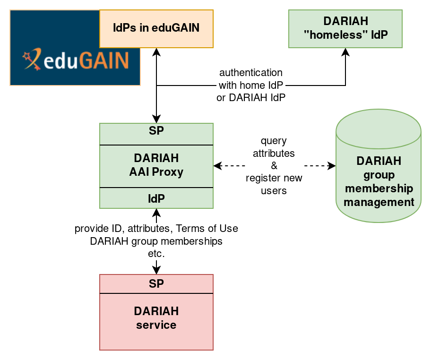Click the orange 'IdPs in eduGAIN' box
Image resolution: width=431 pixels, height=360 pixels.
point(156,28)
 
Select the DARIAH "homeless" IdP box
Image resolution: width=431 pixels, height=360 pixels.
point(345,28)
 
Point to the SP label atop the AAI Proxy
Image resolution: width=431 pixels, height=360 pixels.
point(156,131)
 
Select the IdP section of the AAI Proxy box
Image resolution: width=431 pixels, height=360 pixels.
point(156,199)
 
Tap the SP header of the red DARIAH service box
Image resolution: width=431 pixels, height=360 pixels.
point(156,284)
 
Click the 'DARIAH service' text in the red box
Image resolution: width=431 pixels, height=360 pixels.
point(156,318)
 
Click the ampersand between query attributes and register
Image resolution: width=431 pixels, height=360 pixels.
point(274,166)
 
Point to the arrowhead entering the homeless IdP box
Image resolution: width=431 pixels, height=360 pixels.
point(345,52)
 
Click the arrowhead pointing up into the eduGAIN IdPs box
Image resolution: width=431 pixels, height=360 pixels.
point(156,52)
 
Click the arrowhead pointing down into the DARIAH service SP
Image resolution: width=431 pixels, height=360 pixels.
point(156,270)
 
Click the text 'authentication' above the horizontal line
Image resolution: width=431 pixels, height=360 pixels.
point(250,73)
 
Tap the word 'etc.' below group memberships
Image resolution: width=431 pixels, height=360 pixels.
point(156,254)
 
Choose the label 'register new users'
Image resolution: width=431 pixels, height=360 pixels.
point(274,185)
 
